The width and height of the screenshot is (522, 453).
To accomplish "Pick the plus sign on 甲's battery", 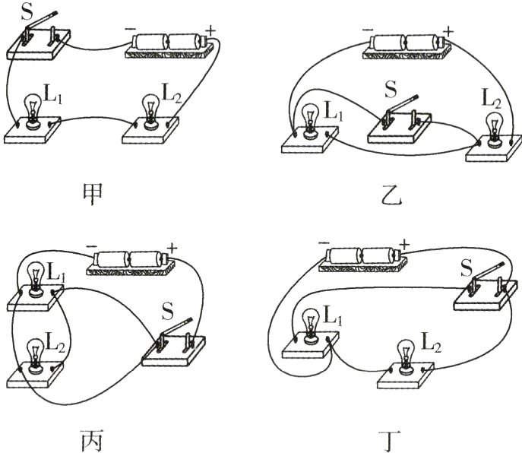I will (210, 30).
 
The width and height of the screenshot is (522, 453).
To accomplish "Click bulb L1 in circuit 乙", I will (309, 117).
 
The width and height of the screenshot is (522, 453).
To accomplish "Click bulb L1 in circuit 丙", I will (34, 278).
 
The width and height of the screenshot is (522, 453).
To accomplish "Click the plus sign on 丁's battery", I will (403, 245).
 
